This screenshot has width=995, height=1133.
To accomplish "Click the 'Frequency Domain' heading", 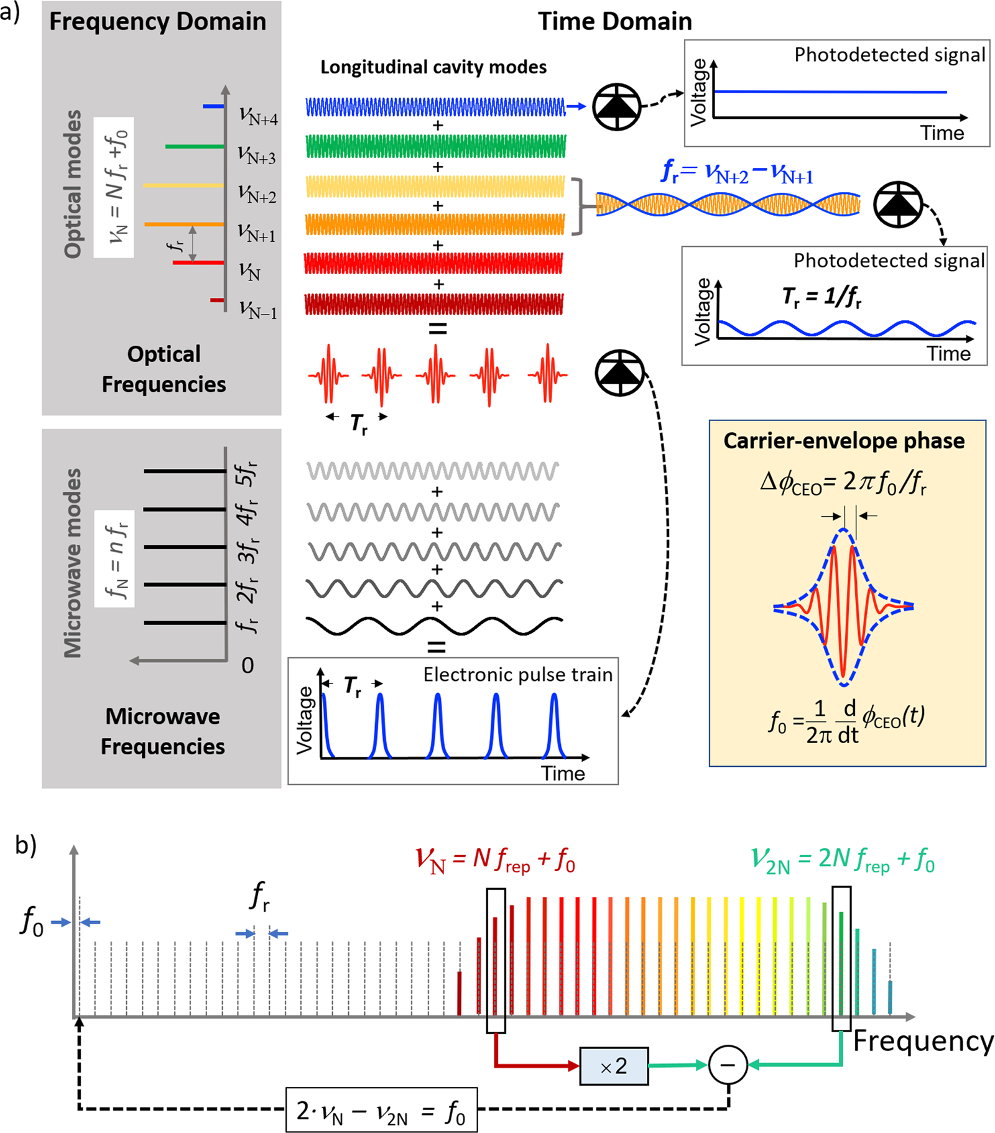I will pyautogui.click(x=157, y=21).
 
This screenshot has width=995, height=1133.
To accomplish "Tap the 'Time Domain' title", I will pyautogui.click(x=614, y=21).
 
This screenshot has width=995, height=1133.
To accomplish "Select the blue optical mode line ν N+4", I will pyautogui.click(x=213, y=107).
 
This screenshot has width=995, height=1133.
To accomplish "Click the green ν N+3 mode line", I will pyautogui.click(x=194, y=147).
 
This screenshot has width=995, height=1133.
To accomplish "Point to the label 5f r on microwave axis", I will pyautogui.click(x=247, y=474).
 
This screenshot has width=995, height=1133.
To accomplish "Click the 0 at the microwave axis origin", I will pyautogui.click(x=248, y=665).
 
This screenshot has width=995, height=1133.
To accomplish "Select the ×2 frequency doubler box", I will pyautogui.click(x=614, y=1066).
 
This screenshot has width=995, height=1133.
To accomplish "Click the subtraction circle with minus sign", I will pyautogui.click(x=728, y=1065).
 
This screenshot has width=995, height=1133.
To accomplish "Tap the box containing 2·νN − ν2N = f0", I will pyautogui.click(x=381, y=1110).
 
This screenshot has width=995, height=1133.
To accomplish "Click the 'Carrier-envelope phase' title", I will pyautogui.click(x=844, y=441).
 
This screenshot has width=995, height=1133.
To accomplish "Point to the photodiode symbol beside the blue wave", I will pyautogui.click(x=616, y=107).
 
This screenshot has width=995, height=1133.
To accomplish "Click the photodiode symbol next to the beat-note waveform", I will pyautogui.click(x=898, y=205).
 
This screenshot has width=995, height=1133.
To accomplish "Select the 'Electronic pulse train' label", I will pyautogui.click(x=518, y=675).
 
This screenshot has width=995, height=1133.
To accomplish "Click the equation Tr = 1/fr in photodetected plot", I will pyautogui.click(x=821, y=297).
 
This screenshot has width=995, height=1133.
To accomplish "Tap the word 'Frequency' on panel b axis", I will pyautogui.click(x=923, y=1041).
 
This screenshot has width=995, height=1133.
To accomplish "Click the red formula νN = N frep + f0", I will pyautogui.click(x=495, y=860).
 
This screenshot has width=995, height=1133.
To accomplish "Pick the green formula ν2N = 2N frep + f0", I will pyautogui.click(x=843, y=860).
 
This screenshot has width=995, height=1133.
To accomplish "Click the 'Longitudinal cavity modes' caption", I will pyautogui.click(x=433, y=67).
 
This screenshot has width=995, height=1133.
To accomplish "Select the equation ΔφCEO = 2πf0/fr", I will pyautogui.click(x=843, y=482).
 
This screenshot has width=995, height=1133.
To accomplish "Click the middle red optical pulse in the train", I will pyautogui.click(x=436, y=374).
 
